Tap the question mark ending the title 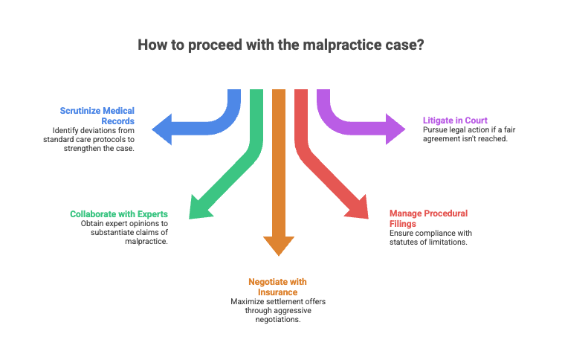coord(421,45)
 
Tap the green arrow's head coord(198,209)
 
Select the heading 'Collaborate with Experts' coord(119,214)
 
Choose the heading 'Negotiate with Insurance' coord(277,286)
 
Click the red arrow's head coord(358,209)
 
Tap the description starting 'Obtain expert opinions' coord(124,233)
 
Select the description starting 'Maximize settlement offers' coord(277,309)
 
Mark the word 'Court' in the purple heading coord(476,120)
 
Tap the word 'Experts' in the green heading coord(152,214)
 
